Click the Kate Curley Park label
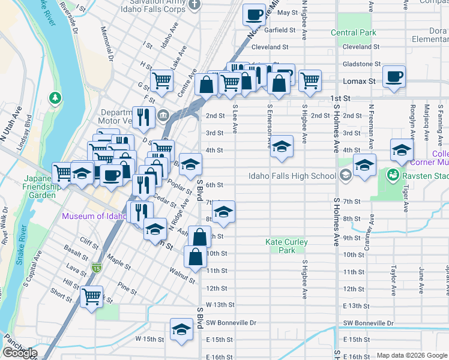[287, 246]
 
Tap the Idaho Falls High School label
[292, 176]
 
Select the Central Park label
[353, 33]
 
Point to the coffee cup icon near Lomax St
[394, 77]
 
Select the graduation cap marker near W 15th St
[181, 329]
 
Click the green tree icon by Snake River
[55, 97]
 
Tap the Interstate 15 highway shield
[96, 266]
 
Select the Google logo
[20, 353]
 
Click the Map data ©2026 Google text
[411, 355]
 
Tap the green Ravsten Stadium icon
[393, 176]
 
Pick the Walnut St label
[182, 277]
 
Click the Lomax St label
[359, 81]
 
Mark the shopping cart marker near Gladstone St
[310, 80]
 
